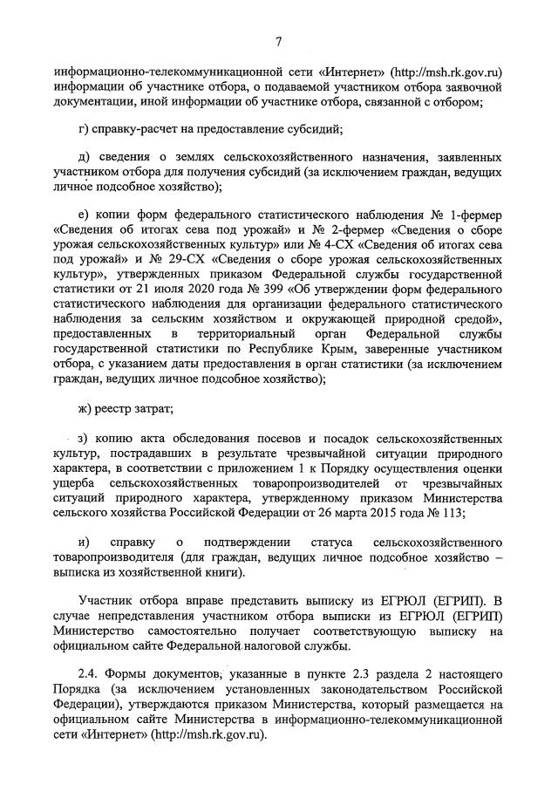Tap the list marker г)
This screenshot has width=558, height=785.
(x=85, y=130)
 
